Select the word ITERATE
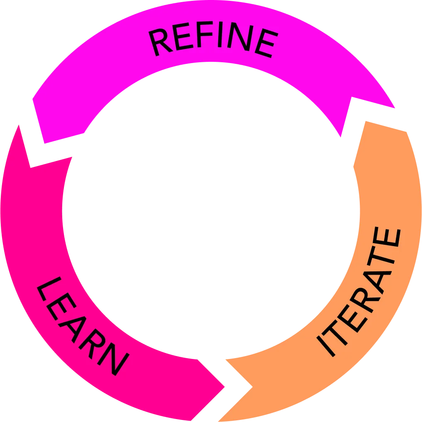(x=359, y=292)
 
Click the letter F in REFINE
(x=205, y=34)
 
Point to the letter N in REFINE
(x=240, y=37)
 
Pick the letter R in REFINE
(x=160, y=42)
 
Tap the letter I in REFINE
(x=220, y=34)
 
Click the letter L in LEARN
(x=49, y=288)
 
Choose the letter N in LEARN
(x=113, y=359)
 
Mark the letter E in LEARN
(x=62, y=307)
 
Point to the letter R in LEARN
(x=92, y=344)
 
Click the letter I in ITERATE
(x=326, y=346)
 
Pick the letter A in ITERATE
(x=377, y=282)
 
